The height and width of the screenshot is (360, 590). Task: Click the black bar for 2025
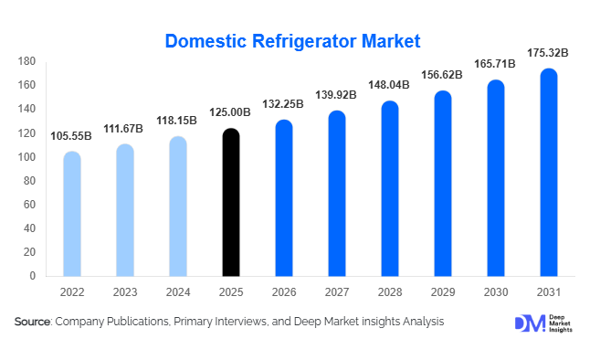(231, 202)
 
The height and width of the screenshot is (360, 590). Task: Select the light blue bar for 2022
(72, 214)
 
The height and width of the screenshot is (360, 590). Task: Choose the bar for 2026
(284, 197)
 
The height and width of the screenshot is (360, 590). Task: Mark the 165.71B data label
(496, 65)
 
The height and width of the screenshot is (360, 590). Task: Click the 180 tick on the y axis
(26, 61)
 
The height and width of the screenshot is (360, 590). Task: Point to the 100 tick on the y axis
(26, 156)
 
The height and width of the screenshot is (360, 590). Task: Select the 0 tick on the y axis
(32, 275)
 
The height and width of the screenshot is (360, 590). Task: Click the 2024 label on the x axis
(178, 292)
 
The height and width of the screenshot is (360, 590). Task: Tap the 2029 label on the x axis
(443, 292)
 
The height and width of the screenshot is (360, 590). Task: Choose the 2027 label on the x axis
(337, 292)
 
